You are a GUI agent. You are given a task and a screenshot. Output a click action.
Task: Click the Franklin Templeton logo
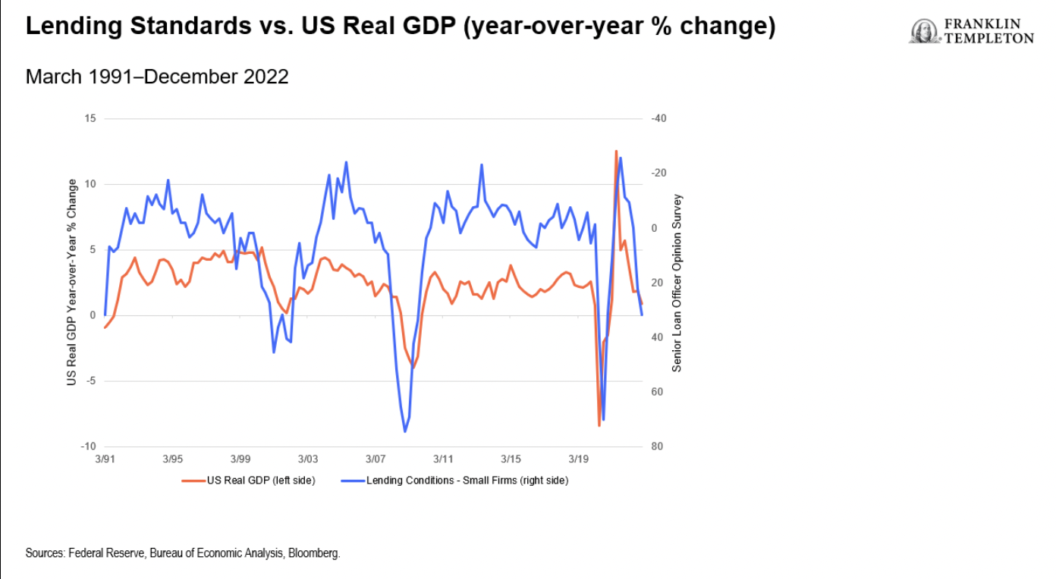tap(971, 31)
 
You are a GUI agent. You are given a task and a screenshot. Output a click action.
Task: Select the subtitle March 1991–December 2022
tap(157, 77)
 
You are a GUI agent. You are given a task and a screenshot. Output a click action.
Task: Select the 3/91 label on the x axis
tap(105, 459)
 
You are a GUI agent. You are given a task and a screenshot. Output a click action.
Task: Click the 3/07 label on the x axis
tap(376, 459)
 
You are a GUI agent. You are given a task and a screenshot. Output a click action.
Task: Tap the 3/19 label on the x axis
tap(580, 459)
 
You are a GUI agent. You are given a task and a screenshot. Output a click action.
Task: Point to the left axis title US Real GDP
tap(72, 282)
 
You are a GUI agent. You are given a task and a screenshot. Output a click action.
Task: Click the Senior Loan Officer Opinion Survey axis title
tap(677, 283)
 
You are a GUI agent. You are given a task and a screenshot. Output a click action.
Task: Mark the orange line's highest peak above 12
tap(616, 151)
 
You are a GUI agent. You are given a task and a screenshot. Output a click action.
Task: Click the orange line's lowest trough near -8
tap(599, 426)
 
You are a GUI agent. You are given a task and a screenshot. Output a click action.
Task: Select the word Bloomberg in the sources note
tap(319, 553)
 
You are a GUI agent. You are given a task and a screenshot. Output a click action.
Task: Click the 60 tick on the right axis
tap(657, 392)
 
